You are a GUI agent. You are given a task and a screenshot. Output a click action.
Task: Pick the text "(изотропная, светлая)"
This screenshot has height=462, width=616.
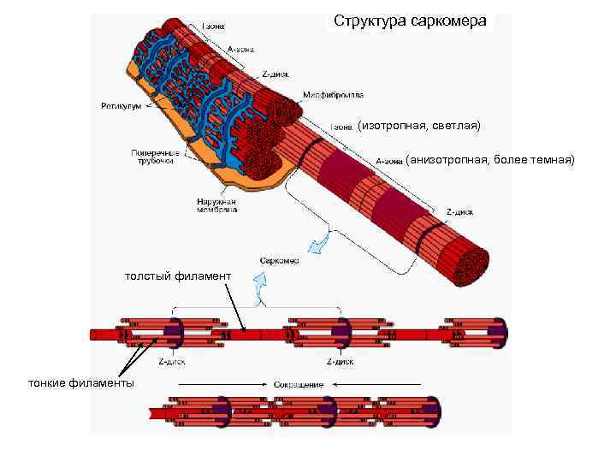pos(420,126)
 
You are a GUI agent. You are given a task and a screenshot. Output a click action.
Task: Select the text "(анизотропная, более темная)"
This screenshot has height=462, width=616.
pos(490,159)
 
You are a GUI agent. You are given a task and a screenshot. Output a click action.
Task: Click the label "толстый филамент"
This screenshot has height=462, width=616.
pos(177,276)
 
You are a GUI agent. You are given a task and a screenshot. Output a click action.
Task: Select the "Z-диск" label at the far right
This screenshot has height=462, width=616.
pos(460,211)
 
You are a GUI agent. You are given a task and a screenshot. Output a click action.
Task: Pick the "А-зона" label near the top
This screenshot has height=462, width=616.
pos(239,49)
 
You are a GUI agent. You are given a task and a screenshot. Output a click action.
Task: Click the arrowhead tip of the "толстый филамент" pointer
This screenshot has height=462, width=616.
pos(244,331)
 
